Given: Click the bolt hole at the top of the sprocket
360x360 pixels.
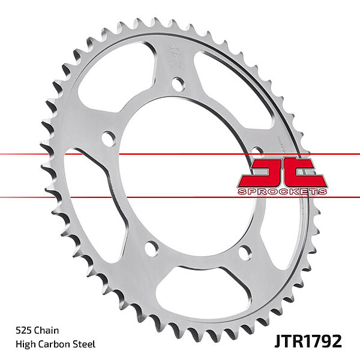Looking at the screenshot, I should point(178,84).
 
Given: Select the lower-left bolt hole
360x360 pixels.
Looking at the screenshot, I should point(152,247).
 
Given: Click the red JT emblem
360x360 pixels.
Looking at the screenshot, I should point(282,172).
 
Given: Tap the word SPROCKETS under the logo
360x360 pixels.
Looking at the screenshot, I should point(282,191).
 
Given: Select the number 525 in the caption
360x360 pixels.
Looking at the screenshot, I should point(25,331).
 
